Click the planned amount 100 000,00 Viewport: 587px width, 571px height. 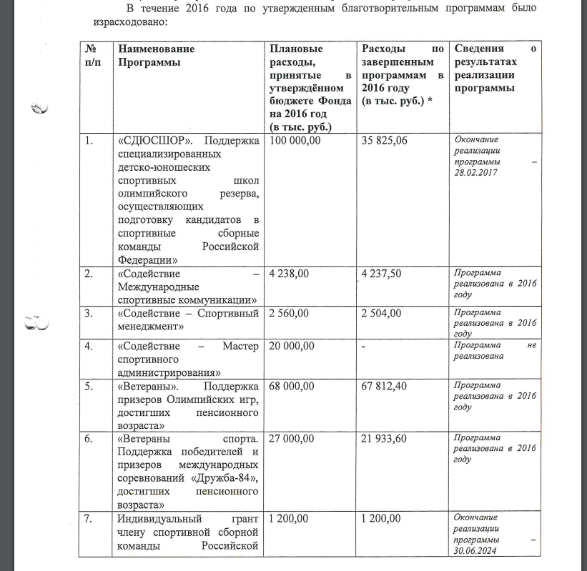click(x=295, y=141)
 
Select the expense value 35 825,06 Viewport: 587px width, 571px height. click(x=385, y=141)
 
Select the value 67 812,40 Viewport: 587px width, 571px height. click(x=385, y=387)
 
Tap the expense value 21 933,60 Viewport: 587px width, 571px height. click(x=385, y=439)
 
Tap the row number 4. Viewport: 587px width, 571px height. click(x=88, y=347)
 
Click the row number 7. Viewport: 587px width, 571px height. click(x=88, y=518)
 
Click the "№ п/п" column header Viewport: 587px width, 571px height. click(x=91, y=56)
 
